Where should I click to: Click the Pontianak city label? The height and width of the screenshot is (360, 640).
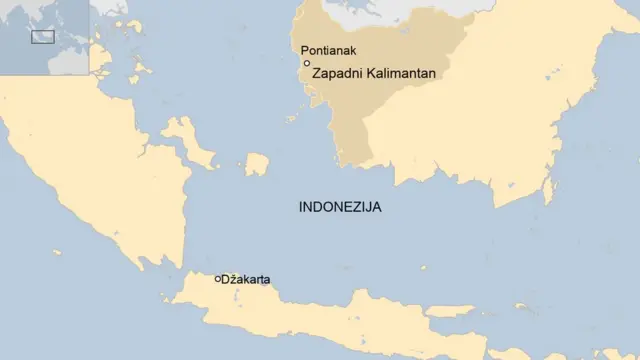click(329, 50)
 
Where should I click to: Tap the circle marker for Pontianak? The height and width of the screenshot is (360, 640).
click(306, 63)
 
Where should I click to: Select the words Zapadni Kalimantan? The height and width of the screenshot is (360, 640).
click(374, 74)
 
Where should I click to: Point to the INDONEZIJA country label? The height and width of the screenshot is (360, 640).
click(340, 208)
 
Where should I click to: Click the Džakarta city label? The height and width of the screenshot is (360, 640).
click(245, 280)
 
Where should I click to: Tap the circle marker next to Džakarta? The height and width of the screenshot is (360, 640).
click(218, 279)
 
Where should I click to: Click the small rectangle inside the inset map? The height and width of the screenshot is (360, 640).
click(42, 37)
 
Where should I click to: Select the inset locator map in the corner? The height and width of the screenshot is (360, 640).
click(44, 37)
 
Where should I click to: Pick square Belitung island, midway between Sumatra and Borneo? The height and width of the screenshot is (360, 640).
click(257, 164)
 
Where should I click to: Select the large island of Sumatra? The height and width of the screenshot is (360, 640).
click(90, 150)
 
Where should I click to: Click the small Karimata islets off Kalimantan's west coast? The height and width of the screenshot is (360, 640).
click(292, 118)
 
